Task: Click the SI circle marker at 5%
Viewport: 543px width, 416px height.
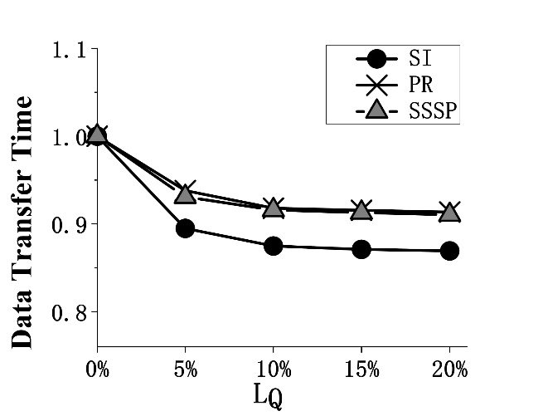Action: pyautogui.click(x=185, y=228)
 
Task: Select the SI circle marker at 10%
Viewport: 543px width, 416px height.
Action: pyautogui.click(x=274, y=246)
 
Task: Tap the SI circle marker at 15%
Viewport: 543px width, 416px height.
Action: pyautogui.click(x=361, y=249)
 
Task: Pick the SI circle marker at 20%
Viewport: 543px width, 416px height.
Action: pyautogui.click(x=449, y=251)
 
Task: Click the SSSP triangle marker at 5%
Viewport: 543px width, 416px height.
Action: pyautogui.click(x=185, y=193)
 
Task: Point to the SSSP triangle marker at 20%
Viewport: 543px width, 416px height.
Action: pyautogui.click(x=449, y=213)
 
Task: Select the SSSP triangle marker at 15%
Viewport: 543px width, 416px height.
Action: pyautogui.click(x=361, y=211)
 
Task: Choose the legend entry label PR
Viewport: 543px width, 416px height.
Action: pyautogui.click(x=420, y=85)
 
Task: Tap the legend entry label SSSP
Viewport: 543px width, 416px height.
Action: pyautogui.click(x=433, y=110)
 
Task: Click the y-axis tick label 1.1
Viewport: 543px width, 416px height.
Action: pyautogui.click(x=70, y=51)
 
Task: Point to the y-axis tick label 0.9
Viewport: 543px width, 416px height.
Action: pyautogui.click(x=70, y=225)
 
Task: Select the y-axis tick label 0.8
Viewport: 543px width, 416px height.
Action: pyautogui.click(x=70, y=313)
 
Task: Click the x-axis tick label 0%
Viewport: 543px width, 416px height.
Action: pyautogui.click(x=97, y=370)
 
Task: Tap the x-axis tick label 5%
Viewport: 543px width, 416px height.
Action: pyautogui.click(x=185, y=370)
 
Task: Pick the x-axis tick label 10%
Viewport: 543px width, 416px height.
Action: pyautogui.click(x=274, y=370)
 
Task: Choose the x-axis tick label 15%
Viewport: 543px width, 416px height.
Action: pyautogui.click(x=361, y=370)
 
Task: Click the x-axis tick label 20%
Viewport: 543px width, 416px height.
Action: pyautogui.click(x=449, y=370)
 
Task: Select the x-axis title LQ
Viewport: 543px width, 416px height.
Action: pyautogui.click(x=268, y=395)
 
